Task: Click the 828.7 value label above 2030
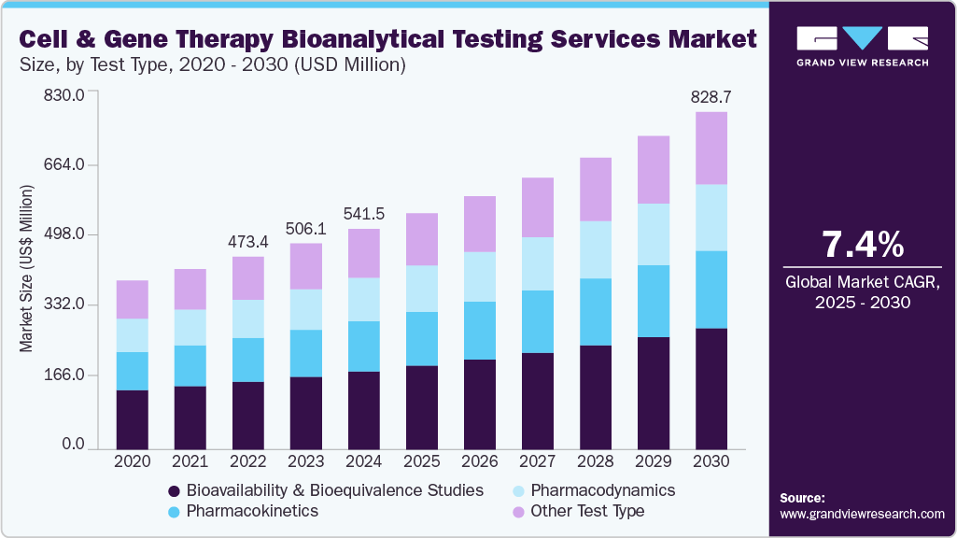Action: (x=711, y=97)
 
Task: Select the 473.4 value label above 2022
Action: (x=248, y=242)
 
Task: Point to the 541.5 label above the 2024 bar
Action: (x=363, y=214)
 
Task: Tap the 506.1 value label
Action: (x=305, y=229)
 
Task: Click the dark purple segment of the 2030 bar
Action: (x=711, y=389)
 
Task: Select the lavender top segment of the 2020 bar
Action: (x=133, y=299)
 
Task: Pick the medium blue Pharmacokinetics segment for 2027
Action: (x=537, y=321)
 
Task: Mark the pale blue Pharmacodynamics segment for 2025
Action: (x=421, y=289)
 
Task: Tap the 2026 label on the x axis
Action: (x=479, y=461)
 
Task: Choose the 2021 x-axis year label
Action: (x=190, y=461)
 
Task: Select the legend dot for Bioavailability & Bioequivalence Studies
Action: (x=174, y=491)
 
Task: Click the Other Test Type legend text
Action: (x=587, y=511)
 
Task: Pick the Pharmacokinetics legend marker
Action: (x=174, y=512)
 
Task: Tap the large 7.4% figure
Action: (x=862, y=245)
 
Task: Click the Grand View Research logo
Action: (x=862, y=46)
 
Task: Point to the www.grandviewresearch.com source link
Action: (x=862, y=514)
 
